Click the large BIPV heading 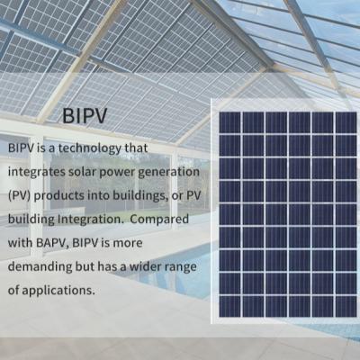pos(85,116)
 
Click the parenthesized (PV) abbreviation pos(19,196)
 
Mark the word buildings pos(139,196)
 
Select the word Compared pos(159,220)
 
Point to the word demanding pos(40,266)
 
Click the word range pos(181,267)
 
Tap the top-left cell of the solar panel pos(230,122)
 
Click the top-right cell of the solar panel pos(346,122)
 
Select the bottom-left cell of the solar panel pos(230,306)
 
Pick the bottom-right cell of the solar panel pos(346,306)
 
